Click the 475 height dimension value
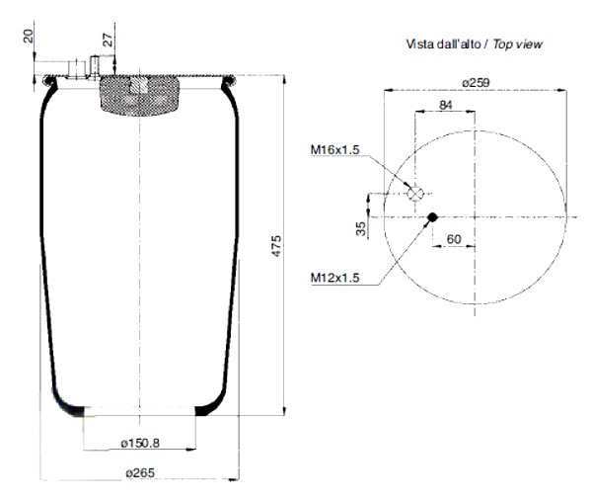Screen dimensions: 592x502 (276, 246)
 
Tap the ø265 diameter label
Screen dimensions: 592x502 (140, 472)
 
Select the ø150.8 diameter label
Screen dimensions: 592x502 (140, 443)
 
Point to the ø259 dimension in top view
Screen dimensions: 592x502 (476, 82)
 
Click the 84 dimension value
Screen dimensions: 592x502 (446, 105)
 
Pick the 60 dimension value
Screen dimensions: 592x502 (454, 239)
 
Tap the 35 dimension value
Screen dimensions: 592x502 (361, 228)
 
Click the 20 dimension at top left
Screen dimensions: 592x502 (29, 36)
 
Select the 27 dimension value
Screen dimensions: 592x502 (109, 40)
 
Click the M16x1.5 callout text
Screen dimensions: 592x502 (334, 149)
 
